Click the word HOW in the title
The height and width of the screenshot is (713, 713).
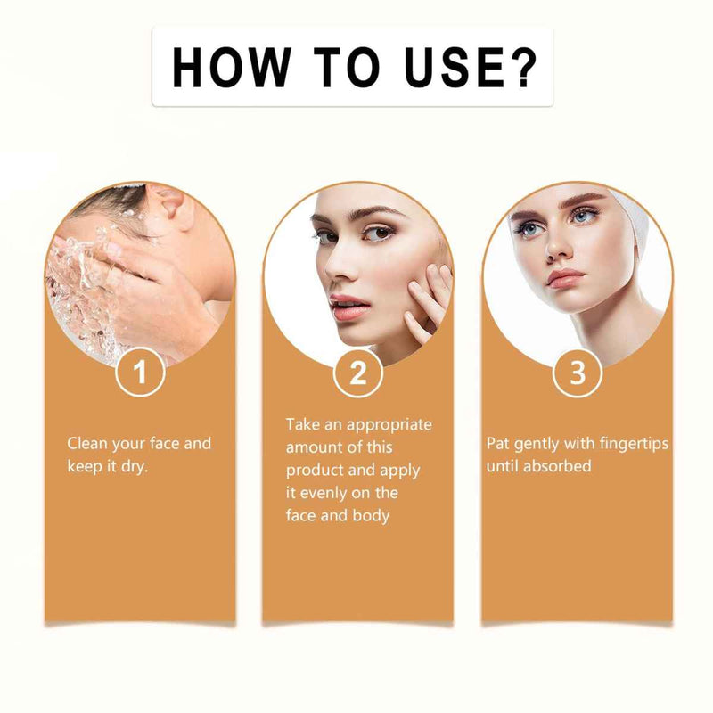232,68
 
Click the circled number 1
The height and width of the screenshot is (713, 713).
140,373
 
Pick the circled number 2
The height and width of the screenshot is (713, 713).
358,373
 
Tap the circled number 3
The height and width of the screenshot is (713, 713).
577,373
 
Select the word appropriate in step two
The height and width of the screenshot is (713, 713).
389,426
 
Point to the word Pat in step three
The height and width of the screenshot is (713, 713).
497,443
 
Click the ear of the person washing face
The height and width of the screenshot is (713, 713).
175,208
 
